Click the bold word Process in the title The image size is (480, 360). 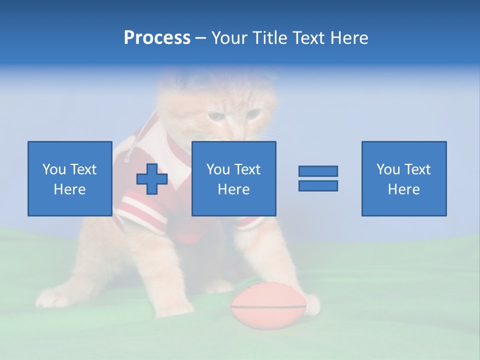coord(157,38)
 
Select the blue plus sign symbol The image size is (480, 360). coord(152,179)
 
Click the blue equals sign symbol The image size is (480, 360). coord(318,178)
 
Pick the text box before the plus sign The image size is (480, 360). coord(69,178)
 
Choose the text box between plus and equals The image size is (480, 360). coord(233,178)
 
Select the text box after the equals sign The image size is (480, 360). coord(403,178)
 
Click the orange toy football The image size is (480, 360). coord(268,307)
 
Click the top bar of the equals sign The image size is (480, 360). coord(318,171)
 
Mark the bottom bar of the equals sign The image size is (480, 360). coord(318,185)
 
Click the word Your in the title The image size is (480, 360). coord(229,38)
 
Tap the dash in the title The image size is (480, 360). coord(200,38)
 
